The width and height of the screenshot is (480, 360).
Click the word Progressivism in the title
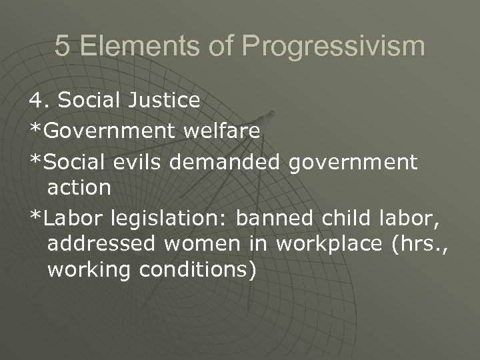(x=333, y=47)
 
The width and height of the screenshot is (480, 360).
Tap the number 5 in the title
(x=61, y=47)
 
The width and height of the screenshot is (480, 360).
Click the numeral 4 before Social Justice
(x=35, y=101)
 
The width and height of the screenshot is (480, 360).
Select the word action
(x=79, y=188)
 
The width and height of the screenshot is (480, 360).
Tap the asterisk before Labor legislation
(x=34, y=217)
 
